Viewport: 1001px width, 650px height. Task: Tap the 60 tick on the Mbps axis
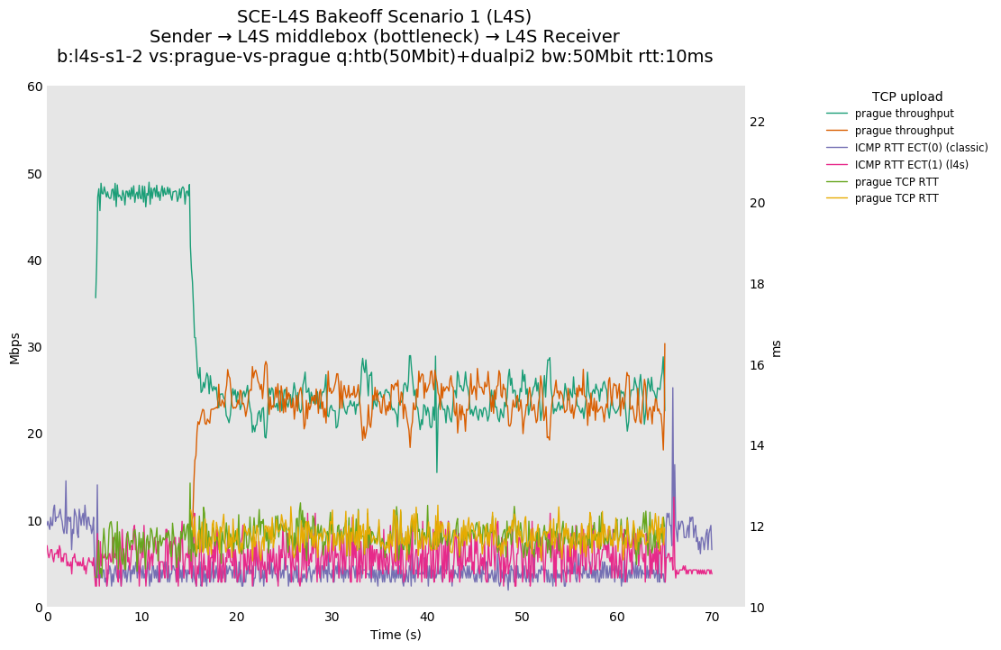click(x=34, y=87)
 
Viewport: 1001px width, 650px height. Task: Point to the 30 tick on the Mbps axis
click(x=34, y=347)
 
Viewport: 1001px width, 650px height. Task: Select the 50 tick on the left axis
click(x=34, y=174)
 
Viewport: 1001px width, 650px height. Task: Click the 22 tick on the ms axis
click(x=758, y=123)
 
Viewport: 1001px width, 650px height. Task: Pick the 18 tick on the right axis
click(x=758, y=284)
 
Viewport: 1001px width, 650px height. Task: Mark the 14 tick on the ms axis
click(x=758, y=446)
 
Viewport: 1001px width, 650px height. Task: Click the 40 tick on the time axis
click(x=427, y=618)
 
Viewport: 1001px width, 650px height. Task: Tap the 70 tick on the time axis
click(x=712, y=618)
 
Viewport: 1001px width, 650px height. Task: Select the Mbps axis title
click(x=14, y=348)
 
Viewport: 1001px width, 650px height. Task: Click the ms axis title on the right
click(x=777, y=348)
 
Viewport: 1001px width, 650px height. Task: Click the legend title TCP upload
click(x=907, y=96)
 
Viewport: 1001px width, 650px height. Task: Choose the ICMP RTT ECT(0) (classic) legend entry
click(x=921, y=148)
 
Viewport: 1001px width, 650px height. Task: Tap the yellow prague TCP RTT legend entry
click(x=896, y=198)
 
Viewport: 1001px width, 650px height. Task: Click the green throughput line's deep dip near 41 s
click(x=437, y=471)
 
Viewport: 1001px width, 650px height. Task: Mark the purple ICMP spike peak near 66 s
click(x=672, y=389)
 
